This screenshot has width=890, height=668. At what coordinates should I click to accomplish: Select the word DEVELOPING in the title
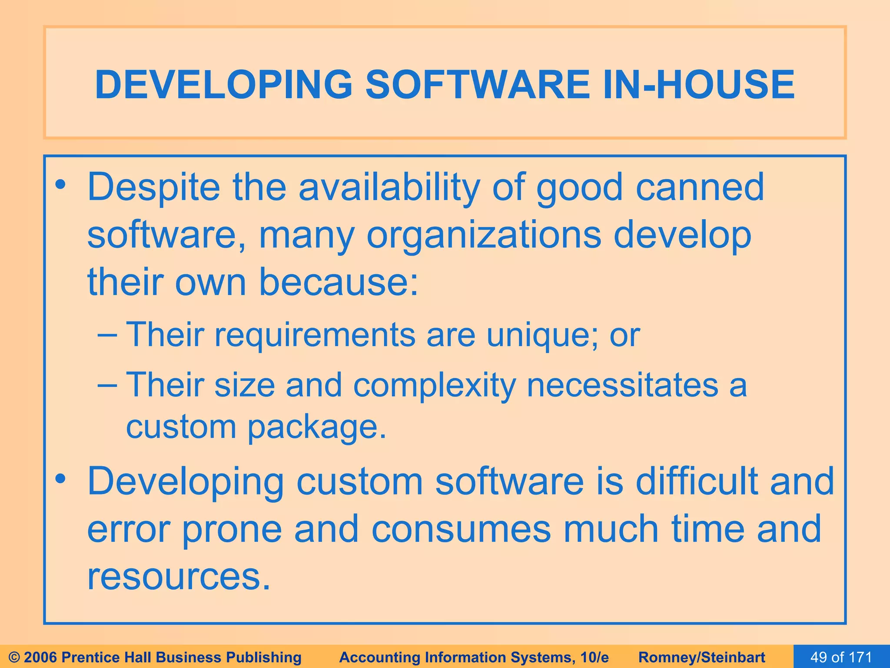223,84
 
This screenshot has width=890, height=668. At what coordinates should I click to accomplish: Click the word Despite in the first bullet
153,188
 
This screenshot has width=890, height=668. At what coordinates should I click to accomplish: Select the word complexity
434,386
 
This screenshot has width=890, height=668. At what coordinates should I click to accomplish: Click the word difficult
697,481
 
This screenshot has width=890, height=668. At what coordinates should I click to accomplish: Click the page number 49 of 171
841,657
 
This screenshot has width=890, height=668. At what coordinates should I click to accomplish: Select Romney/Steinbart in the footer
702,657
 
